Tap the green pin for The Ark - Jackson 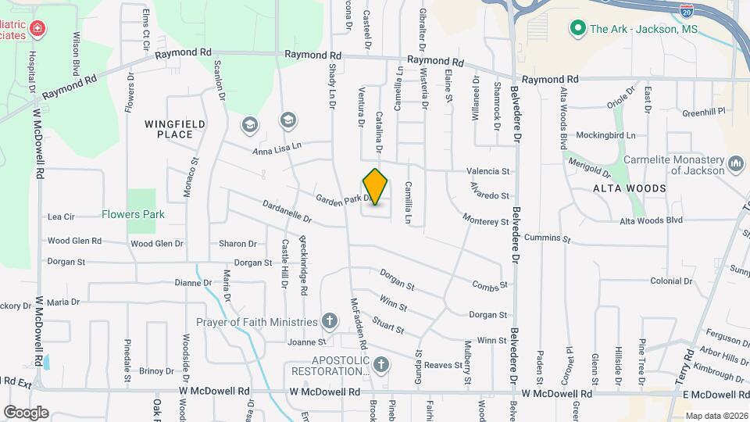click(578, 29)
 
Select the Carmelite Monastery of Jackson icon click(735, 164)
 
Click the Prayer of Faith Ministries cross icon click(330, 321)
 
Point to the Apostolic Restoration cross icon click(380, 365)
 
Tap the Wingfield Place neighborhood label click(175, 129)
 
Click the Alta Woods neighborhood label click(630, 188)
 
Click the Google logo click(26, 412)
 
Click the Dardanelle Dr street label click(287, 213)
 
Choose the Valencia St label click(487, 171)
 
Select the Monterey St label click(485, 220)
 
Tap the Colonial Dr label click(671, 281)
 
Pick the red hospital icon click(37, 30)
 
